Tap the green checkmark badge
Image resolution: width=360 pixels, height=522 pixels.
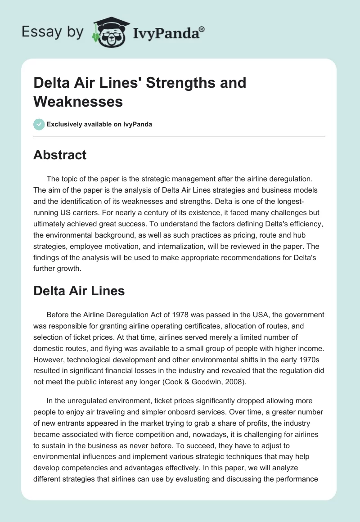(39, 124)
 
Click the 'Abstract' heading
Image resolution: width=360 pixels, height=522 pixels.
(59, 155)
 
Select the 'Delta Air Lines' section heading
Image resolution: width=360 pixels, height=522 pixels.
(79, 291)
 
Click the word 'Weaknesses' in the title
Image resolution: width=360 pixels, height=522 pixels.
(78, 101)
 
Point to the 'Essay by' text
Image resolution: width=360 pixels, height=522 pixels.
(53, 32)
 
